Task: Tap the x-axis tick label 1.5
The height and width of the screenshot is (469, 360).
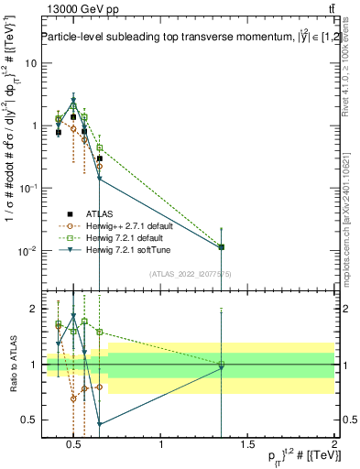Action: (x=247, y=446)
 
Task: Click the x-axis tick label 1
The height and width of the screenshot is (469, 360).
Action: (x=161, y=446)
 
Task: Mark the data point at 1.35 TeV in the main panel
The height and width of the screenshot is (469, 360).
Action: (x=222, y=247)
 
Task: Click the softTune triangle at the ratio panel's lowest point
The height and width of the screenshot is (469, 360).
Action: (x=99, y=424)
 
